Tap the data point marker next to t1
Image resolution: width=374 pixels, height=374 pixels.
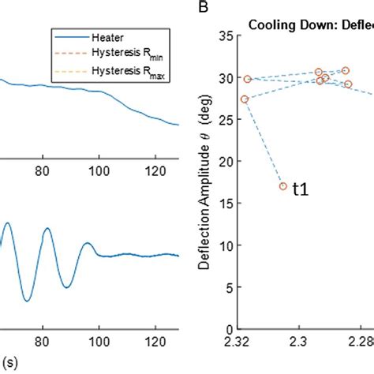coord(282,186)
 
